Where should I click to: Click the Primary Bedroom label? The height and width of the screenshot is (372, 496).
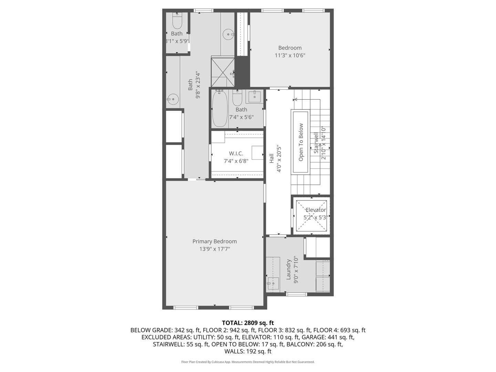point(214,241)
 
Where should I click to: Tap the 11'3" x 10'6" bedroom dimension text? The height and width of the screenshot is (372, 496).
point(290,55)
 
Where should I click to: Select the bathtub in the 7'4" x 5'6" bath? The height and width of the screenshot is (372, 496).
point(219,108)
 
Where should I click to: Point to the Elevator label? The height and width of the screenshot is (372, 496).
point(316,210)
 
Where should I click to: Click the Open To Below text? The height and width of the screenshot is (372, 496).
point(301,142)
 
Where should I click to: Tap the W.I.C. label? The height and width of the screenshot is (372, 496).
point(236,153)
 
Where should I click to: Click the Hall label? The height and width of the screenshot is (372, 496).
point(271,158)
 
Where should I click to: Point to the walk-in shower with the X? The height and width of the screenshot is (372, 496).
point(223,72)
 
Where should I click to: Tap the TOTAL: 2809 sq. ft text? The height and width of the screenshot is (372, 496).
point(248,323)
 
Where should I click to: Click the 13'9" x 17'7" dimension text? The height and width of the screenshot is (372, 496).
point(214,249)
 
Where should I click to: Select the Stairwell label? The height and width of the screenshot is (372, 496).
point(316,143)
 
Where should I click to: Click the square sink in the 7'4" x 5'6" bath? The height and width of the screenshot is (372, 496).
point(254,97)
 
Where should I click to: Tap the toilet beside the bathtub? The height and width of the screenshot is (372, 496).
point(237,99)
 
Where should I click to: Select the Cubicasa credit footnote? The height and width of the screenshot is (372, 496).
point(248,362)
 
